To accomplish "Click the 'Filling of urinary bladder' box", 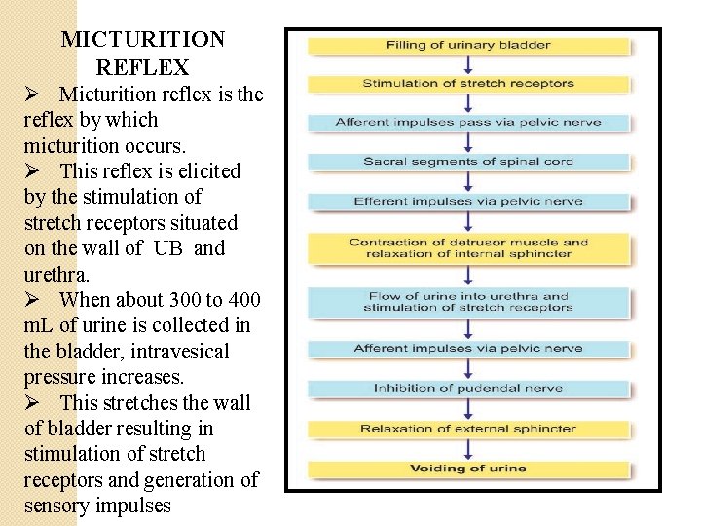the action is [x=468, y=46].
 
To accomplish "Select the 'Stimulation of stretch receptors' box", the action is [x=468, y=84].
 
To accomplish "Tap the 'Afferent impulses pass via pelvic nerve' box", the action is [x=468, y=123].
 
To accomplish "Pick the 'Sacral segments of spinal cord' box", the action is [x=468, y=162].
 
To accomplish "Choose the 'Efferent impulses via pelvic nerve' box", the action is [x=468, y=202].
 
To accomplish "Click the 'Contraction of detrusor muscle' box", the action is [x=468, y=248].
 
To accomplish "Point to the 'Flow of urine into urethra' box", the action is [x=468, y=302].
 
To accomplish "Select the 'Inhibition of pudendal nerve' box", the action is [x=468, y=388].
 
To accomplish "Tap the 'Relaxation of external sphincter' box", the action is [x=468, y=429].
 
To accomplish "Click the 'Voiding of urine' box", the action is [x=468, y=469].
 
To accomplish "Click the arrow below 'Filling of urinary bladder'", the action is [x=468, y=64].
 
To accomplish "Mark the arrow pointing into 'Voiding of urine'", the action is [x=468, y=449].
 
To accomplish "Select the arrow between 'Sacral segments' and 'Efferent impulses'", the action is [x=468, y=181].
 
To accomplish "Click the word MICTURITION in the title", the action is [x=143, y=40].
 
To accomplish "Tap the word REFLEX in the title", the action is [x=142, y=68].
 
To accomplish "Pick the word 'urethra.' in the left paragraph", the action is [x=55, y=274].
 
